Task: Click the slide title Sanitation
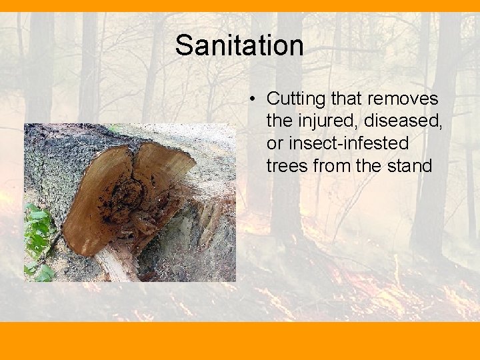239,46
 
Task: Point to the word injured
318,121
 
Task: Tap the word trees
285,165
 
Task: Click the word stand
410,165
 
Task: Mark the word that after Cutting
345,99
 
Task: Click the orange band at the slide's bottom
240,341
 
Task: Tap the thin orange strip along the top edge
240,5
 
